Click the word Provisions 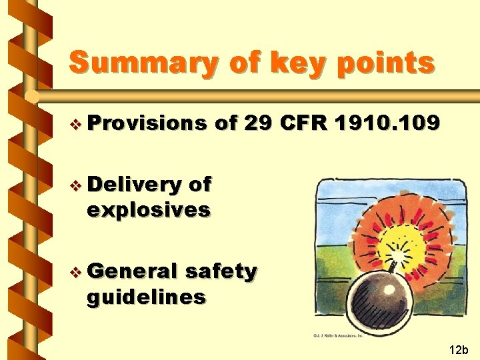[x=147, y=123]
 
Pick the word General [x=131, y=271]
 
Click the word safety [x=220, y=271]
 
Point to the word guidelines [x=146, y=296]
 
